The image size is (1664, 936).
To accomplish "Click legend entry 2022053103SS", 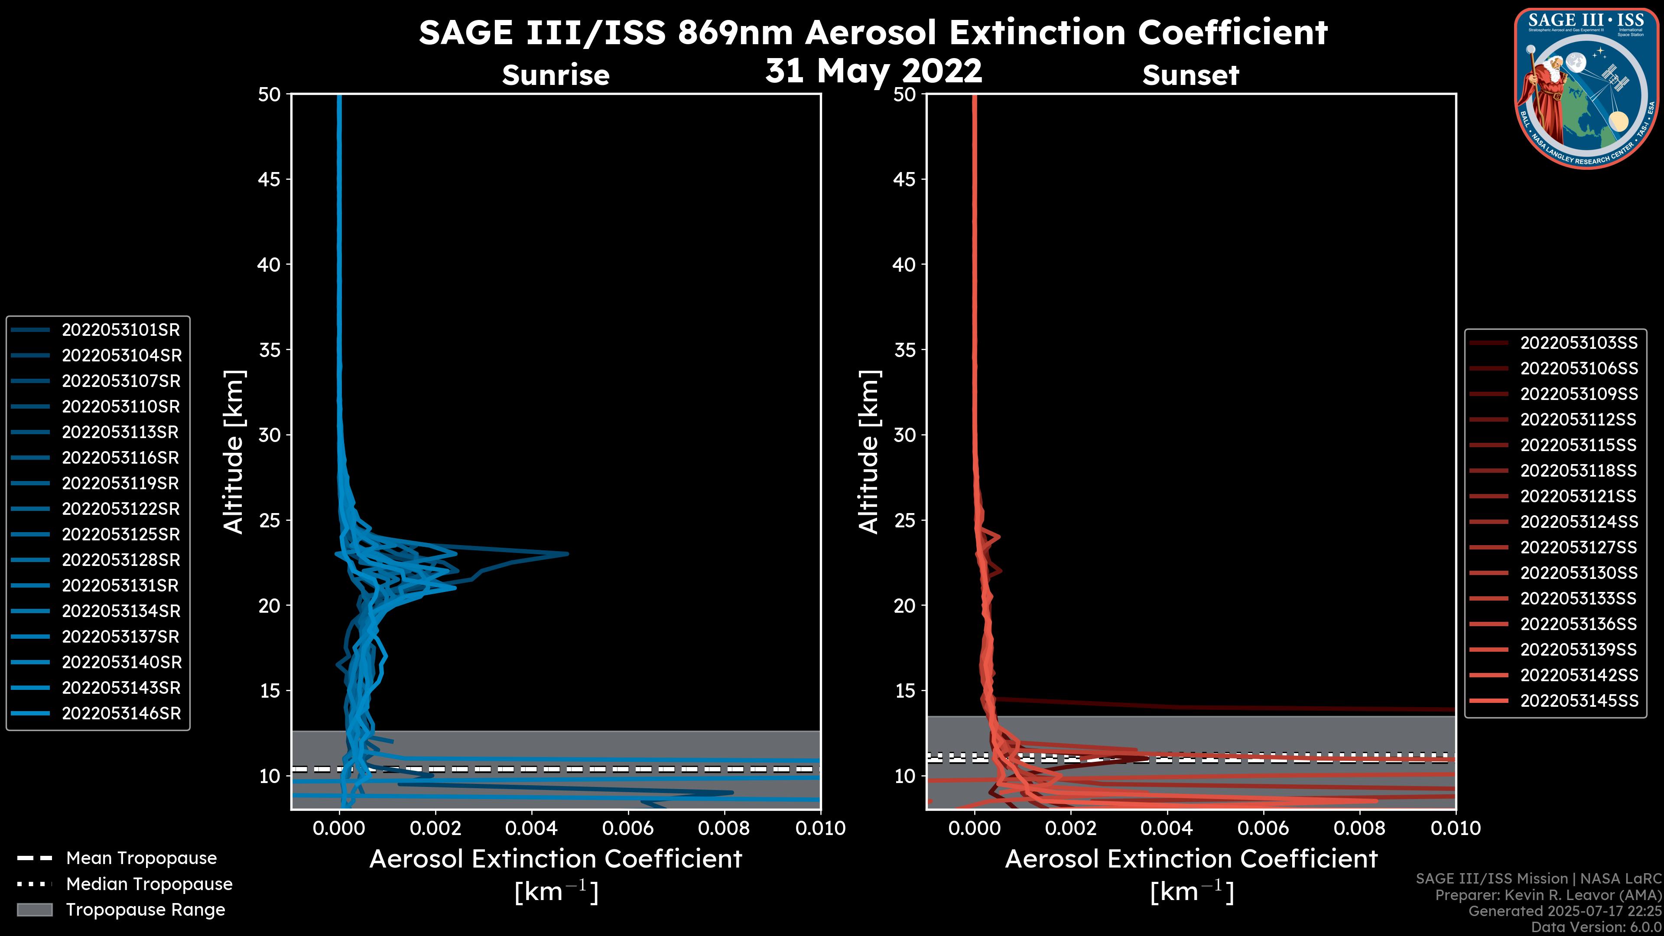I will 1579,343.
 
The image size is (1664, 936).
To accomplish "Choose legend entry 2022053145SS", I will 1579,701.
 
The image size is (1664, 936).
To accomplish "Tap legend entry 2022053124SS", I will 1579,522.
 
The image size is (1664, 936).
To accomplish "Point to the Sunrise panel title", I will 556,75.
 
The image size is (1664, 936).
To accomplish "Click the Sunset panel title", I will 1190,75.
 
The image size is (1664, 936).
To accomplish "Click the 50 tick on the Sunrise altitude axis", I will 270,95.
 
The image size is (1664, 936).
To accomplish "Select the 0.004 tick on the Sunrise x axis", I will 531,828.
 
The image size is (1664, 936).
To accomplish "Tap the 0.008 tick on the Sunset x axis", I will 1360,828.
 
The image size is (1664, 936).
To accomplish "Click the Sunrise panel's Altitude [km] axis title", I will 233,452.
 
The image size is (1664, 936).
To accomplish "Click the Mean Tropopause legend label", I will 141,858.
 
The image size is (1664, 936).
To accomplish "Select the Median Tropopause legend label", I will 149,884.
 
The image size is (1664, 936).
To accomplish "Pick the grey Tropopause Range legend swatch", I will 34,910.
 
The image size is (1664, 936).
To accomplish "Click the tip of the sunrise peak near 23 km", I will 567,554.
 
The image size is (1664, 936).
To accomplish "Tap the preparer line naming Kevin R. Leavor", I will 1548,895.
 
